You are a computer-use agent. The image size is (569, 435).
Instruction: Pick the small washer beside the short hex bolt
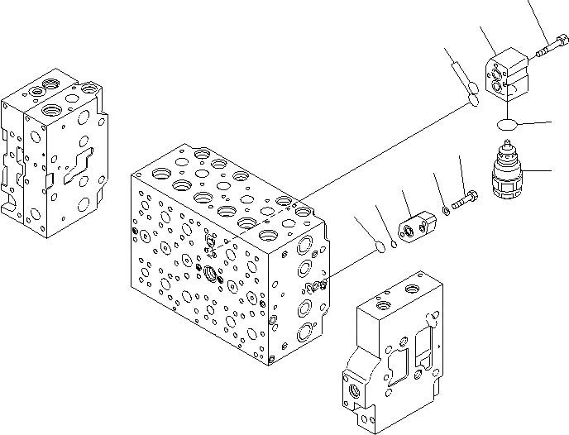(x=446, y=210)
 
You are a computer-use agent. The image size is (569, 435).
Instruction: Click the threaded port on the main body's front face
(x=213, y=272)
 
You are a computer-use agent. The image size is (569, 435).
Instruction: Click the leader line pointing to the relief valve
(x=538, y=170)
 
